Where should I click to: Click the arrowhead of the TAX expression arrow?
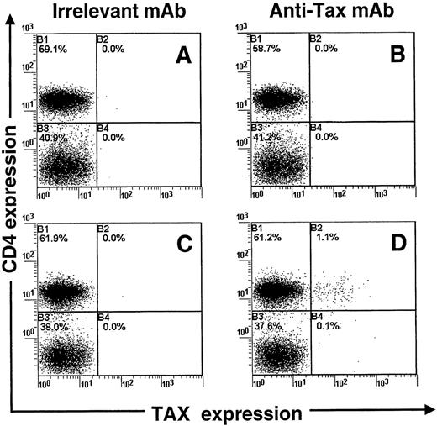tap(430, 413)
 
